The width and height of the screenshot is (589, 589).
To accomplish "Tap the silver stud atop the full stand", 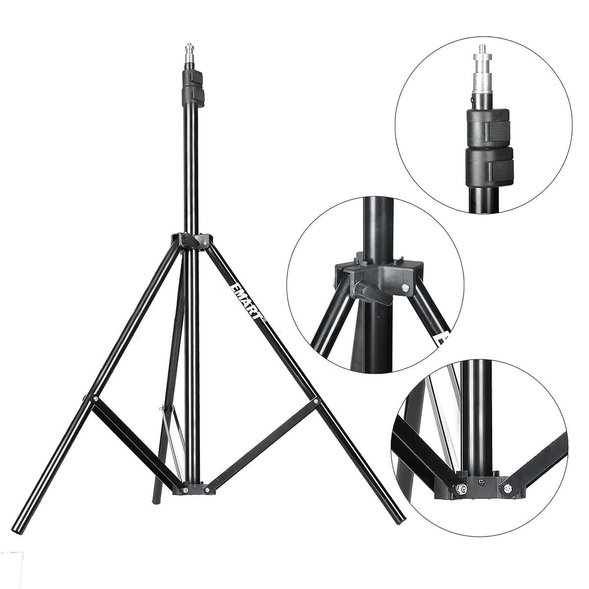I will [x=189, y=53].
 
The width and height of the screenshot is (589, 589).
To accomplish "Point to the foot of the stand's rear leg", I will [x=156, y=498].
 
